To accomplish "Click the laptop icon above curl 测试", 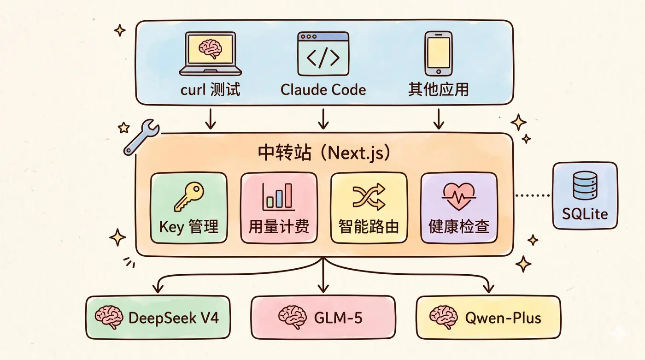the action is [211, 54].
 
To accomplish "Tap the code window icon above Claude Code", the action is [323, 54].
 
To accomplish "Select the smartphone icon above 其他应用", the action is [439, 54].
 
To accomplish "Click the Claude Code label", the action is [323, 89].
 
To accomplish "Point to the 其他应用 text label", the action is [438, 89].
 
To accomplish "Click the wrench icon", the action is [141, 137].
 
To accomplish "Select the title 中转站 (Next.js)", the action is [324, 153].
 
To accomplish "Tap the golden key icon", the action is [189, 197].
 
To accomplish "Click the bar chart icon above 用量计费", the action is [278, 197].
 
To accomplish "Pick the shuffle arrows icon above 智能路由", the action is [369, 197].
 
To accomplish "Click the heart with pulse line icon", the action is [459, 197].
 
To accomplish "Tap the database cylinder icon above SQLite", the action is [585, 185].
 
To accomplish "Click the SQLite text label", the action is [585, 214].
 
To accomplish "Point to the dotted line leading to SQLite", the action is [533, 195].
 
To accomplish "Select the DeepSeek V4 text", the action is [174, 318].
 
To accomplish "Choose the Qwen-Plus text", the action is [503, 318].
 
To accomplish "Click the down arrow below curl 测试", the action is [211, 119].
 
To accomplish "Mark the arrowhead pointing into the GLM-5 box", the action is [323, 289].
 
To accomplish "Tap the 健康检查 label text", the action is [459, 226].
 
